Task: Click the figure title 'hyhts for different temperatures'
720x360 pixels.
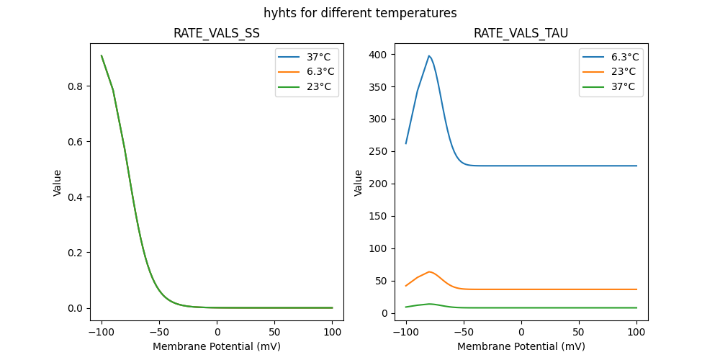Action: [360, 13]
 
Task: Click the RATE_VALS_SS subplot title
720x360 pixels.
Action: [217, 33]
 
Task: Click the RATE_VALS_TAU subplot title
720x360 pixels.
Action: [521, 33]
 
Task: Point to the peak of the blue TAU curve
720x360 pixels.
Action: [429, 55]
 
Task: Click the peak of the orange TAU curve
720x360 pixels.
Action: [429, 271]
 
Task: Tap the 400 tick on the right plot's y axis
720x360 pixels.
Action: [377, 55]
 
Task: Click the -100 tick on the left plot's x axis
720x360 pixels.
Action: [102, 333]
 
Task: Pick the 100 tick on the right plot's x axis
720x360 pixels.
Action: [636, 333]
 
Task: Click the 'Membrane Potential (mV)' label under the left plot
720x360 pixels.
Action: [217, 346]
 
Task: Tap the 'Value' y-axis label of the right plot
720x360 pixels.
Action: [358, 183]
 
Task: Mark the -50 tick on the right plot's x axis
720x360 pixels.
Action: [464, 333]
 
